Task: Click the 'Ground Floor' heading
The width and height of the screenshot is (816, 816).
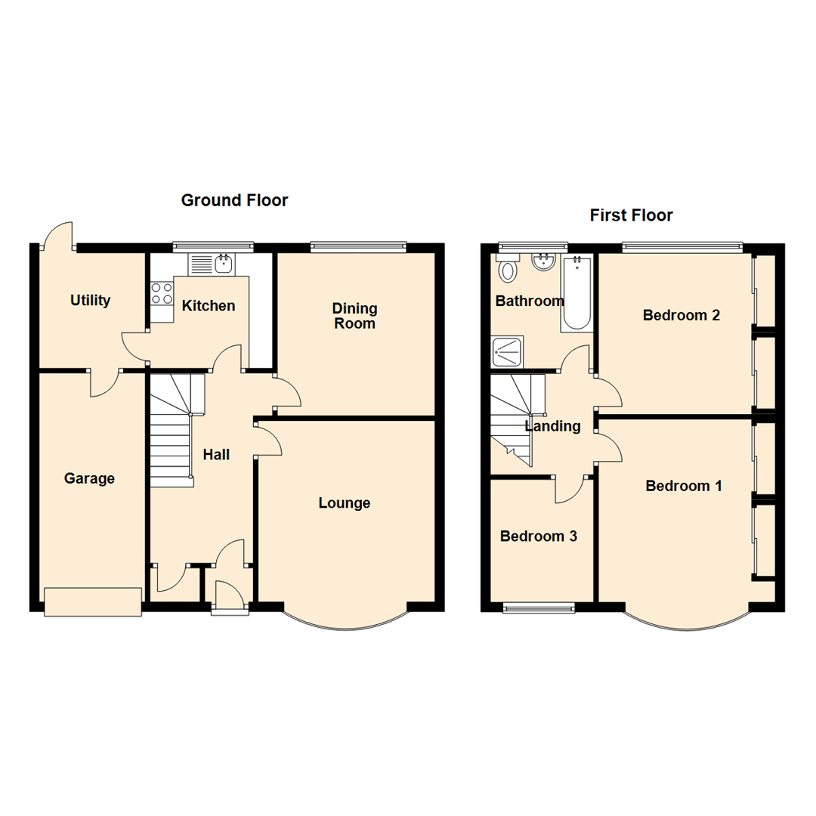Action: [x=234, y=200]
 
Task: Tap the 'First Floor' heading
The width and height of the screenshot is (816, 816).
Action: [x=631, y=215]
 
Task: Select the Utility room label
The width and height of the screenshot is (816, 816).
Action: [x=91, y=300]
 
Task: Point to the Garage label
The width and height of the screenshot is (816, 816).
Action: [x=89, y=478]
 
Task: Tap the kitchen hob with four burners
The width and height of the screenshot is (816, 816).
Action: [x=162, y=293]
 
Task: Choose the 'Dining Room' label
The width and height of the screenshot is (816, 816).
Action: [x=355, y=316]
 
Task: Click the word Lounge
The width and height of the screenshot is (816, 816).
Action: [x=345, y=503]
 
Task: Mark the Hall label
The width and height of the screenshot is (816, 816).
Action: [x=216, y=455]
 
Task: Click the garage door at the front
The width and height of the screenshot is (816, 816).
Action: [x=93, y=601]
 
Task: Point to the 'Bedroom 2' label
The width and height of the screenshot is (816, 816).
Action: [x=681, y=315]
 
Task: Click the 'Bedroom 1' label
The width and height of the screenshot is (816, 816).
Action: [x=683, y=486]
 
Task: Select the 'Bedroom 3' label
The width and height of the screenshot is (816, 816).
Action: [x=539, y=536]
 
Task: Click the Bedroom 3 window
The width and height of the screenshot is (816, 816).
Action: [x=539, y=606]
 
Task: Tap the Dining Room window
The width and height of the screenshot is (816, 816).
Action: [x=357, y=246]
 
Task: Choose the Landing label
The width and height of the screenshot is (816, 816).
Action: [x=553, y=426]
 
